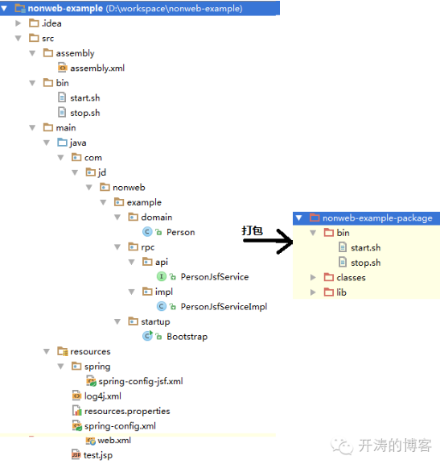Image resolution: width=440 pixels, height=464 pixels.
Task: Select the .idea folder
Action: [51, 23]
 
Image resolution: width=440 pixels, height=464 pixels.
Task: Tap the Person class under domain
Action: [180, 232]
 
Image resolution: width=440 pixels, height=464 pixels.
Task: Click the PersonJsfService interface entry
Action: [214, 276]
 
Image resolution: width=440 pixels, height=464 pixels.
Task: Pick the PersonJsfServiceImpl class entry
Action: [223, 306]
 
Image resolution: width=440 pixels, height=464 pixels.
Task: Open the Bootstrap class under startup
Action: [187, 336]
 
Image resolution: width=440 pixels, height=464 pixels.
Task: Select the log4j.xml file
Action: [102, 396]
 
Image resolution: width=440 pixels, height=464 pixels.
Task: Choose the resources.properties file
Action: [127, 411]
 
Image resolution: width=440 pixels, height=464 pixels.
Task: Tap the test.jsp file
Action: [98, 455]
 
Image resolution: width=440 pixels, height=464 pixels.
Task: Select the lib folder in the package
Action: [347, 292]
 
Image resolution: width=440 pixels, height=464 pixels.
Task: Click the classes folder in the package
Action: [351, 278]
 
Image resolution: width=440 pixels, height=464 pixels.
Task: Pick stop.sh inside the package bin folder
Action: [365, 263]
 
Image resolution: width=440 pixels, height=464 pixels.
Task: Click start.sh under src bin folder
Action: [84, 98]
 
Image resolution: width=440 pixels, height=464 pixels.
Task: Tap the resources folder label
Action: [90, 351]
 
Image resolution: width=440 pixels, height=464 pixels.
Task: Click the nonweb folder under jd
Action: [129, 188]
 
